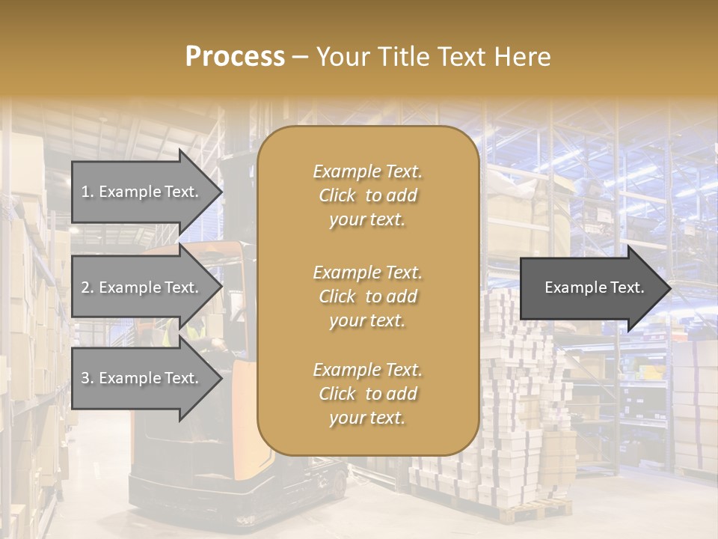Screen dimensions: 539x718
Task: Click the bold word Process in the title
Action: [235, 57]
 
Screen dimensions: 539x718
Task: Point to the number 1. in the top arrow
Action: [88, 192]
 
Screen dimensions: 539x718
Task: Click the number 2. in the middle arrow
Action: [88, 287]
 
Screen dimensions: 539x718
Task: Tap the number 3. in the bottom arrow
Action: [88, 378]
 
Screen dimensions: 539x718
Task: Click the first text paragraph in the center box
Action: [367, 195]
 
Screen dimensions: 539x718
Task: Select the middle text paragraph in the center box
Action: [367, 296]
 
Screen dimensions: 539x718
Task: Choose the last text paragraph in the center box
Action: [367, 394]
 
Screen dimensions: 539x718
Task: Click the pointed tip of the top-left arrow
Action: [221, 192]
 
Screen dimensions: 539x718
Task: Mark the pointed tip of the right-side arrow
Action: [670, 288]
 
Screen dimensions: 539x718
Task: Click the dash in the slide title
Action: [300, 57]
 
